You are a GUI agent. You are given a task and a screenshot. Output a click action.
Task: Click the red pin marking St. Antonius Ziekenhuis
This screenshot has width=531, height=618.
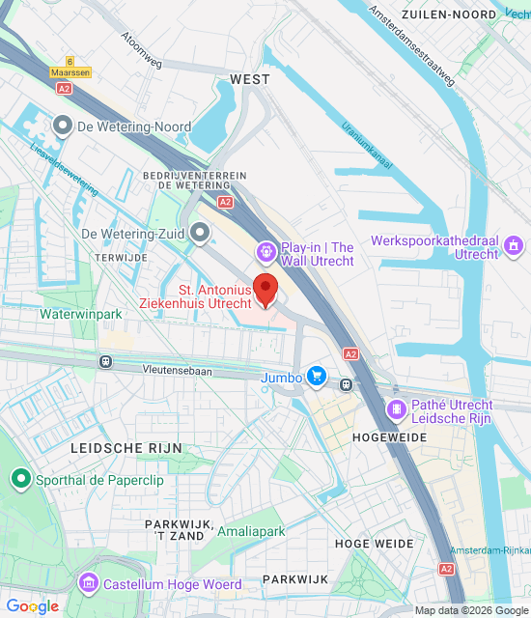[x=265, y=289]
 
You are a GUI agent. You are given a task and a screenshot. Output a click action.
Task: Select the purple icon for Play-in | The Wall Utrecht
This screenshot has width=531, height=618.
[x=265, y=253]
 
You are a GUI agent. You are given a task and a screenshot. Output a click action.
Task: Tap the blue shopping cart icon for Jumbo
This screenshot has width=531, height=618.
[x=315, y=377]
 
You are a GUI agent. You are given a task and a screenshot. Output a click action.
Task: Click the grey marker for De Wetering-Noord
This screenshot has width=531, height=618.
[x=64, y=126]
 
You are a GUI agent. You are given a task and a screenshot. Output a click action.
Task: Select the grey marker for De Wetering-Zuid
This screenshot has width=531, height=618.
[x=200, y=233]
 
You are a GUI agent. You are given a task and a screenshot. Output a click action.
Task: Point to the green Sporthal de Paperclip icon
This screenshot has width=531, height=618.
[x=20, y=479]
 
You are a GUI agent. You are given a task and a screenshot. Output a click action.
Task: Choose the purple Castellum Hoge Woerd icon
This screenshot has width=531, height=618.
[x=89, y=584]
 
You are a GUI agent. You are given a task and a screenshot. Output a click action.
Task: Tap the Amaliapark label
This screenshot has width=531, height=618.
[x=251, y=532]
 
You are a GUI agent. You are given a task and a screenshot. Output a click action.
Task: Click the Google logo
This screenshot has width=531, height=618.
[x=33, y=606]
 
